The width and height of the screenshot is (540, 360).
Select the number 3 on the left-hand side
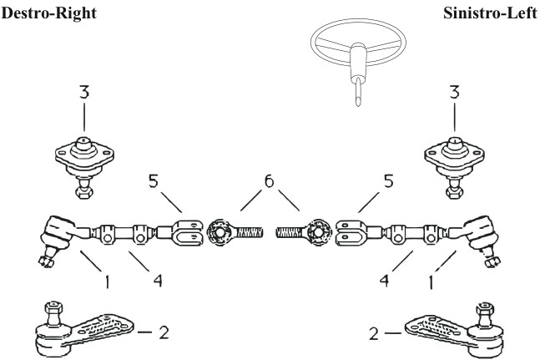[x=83, y=93]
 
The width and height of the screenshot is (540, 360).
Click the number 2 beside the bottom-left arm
[x=164, y=332]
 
